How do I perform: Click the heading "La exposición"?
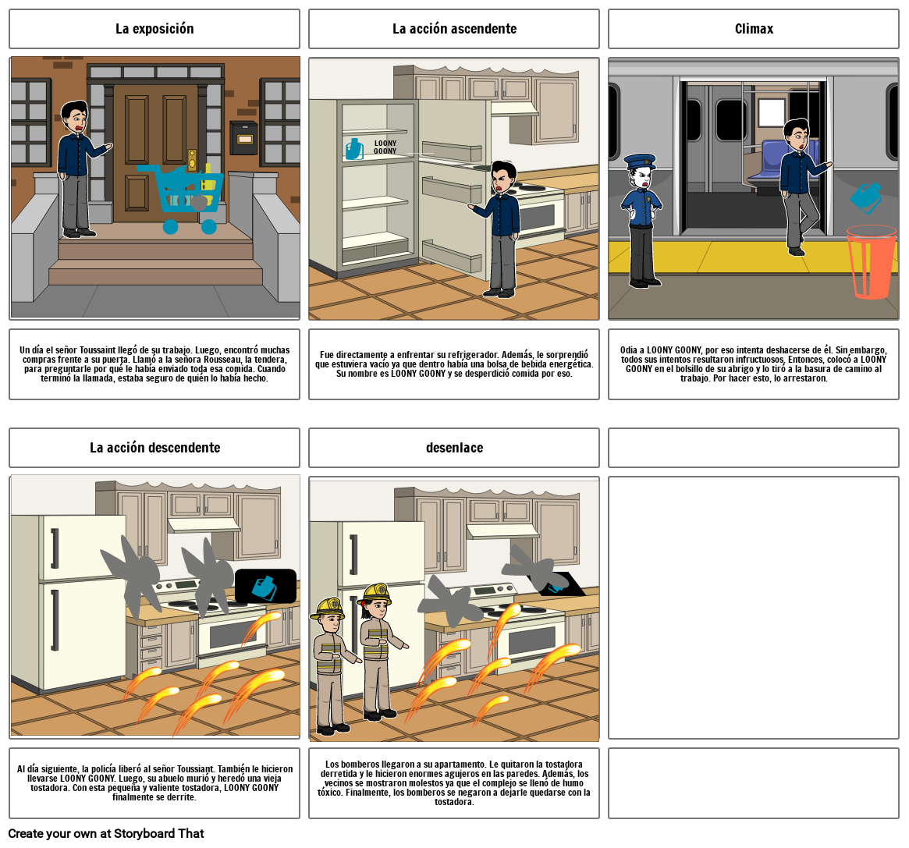[154, 28]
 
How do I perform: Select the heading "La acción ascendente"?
[454, 28]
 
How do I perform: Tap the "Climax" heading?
[754, 28]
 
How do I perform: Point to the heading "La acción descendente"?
[154, 448]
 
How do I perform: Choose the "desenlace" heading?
[454, 448]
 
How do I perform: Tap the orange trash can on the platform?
[872, 262]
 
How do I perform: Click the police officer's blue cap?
[640, 161]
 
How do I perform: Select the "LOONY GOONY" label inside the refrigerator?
[385, 147]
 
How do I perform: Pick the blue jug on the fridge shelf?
[354, 149]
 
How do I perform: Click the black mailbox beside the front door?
[243, 138]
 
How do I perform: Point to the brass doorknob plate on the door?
[192, 159]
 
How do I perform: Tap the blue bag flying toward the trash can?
[866, 198]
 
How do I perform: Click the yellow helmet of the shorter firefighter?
[328, 608]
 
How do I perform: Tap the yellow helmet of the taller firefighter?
[375, 594]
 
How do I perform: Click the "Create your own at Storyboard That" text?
[106, 833]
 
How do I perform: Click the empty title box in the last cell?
[754, 448]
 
